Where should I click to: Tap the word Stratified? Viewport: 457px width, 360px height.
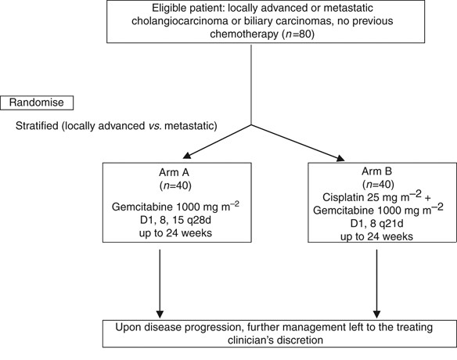(39, 125)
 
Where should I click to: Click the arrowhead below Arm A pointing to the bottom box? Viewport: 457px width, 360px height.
(160, 311)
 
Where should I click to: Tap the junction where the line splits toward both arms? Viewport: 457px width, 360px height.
(250, 124)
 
